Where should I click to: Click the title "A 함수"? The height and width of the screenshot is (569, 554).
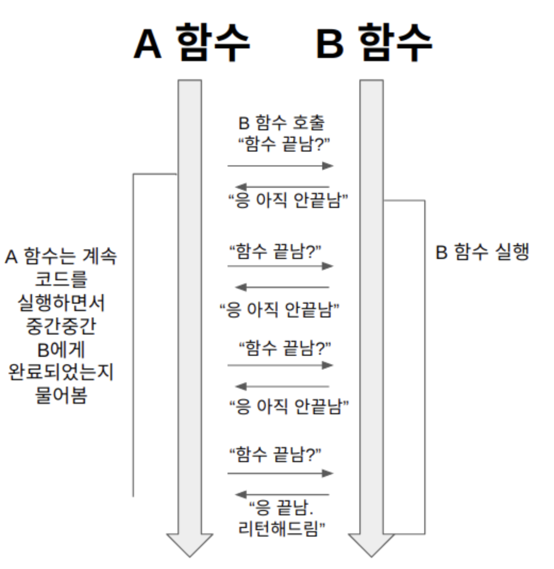(191, 43)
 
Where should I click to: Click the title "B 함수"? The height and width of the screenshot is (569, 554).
(374, 43)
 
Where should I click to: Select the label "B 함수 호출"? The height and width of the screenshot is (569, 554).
(281, 123)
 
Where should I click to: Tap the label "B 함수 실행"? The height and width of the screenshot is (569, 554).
(482, 252)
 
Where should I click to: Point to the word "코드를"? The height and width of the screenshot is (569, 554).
(61, 280)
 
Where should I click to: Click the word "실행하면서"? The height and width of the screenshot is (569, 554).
(61, 304)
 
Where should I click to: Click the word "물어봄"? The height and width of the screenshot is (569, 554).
(61, 396)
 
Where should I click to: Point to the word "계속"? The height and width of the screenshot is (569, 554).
(99, 257)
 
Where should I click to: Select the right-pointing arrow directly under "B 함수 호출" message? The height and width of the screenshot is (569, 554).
(280, 166)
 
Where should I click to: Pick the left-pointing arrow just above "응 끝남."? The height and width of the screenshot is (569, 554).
(282, 494)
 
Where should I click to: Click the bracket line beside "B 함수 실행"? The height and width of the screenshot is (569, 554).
(424, 367)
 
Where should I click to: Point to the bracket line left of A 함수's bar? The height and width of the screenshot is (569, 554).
(133, 335)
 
